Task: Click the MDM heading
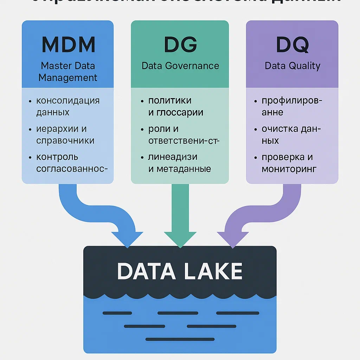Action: (68, 44)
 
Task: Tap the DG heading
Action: (180, 44)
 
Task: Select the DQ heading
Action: (292, 44)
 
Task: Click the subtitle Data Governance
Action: (180, 66)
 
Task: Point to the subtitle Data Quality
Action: (292, 66)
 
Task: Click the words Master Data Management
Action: (68, 71)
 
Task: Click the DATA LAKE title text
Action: (180, 271)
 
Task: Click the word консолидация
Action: (68, 101)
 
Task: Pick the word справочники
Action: (65, 141)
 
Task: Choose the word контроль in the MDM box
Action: (57, 157)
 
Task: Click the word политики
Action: (170, 101)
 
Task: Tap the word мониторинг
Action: (289, 169)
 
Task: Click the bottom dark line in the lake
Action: (180, 339)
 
